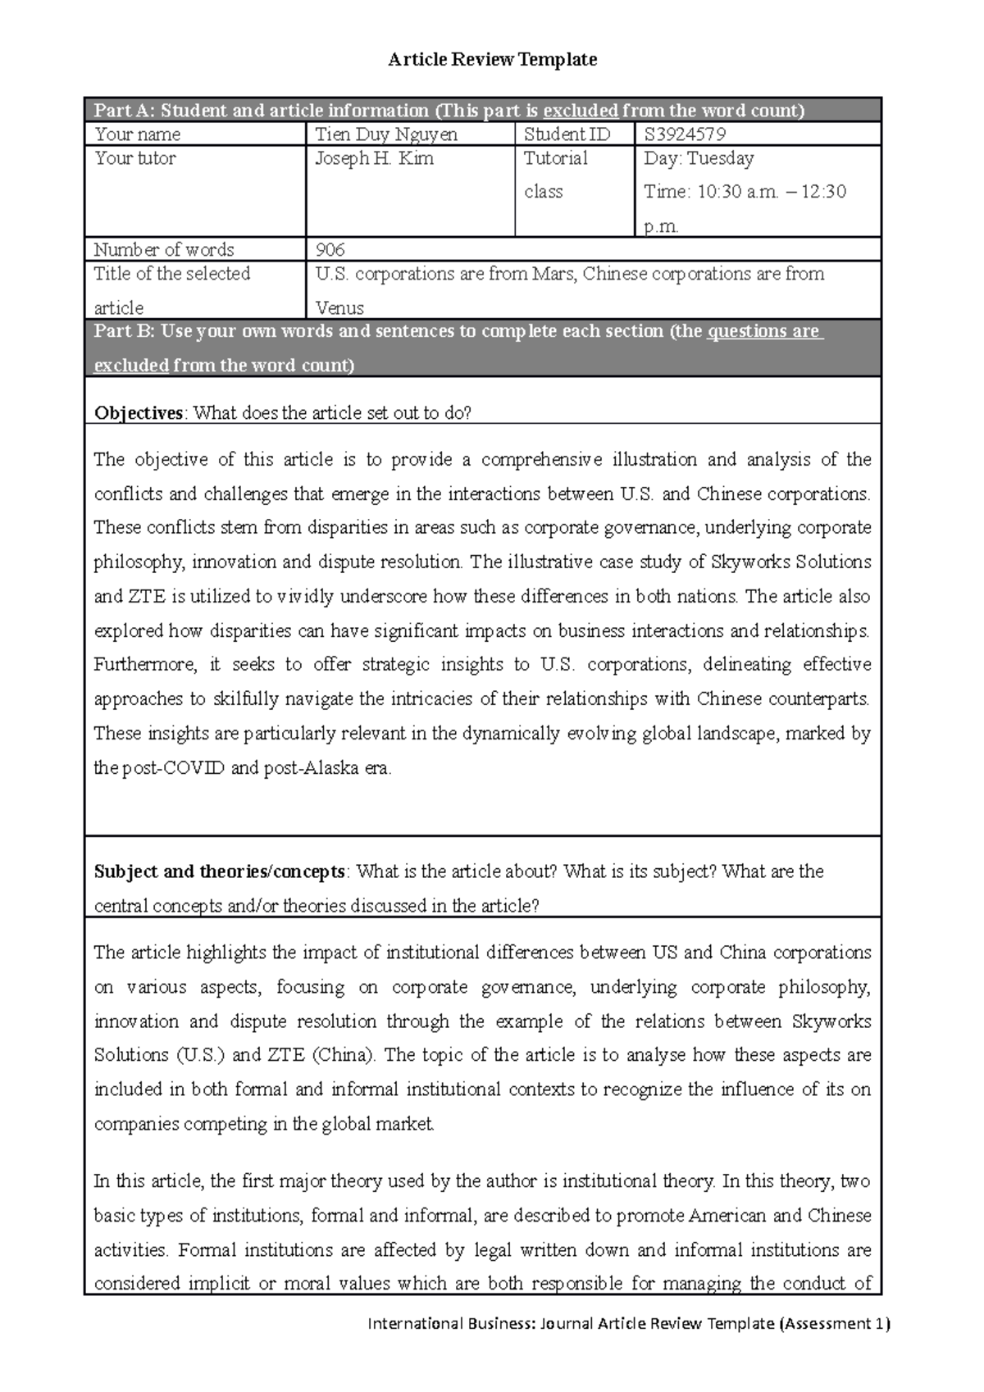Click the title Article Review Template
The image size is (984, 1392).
pos(492,59)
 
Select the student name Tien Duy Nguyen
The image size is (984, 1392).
pos(386,134)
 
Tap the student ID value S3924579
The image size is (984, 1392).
pos(686,134)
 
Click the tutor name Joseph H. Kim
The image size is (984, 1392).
pos(375,158)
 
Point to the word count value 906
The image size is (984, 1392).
pos(330,250)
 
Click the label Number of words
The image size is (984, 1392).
pos(164,250)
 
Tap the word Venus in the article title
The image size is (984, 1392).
pos(339,308)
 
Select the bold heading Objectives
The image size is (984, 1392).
pos(138,413)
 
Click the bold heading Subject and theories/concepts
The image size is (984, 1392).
pos(221,871)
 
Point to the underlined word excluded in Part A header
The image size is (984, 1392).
pos(580,111)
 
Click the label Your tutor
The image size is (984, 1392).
pos(135,158)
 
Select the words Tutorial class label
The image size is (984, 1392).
pos(555,175)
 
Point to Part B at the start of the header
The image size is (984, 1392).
pos(123,332)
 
